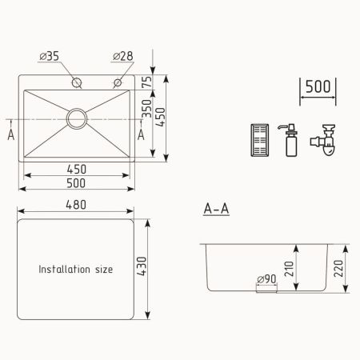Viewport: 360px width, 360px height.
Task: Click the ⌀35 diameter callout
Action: pyautogui.click(x=50, y=56)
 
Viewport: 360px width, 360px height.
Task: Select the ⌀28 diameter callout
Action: pyautogui.click(x=122, y=56)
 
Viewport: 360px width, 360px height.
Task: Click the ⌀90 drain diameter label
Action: pyautogui.click(x=266, y=279)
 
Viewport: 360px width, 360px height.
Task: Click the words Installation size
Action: pyautogui.click(x=76, y=270)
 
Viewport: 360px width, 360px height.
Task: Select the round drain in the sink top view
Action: pyautogui.click(x=78, y=118)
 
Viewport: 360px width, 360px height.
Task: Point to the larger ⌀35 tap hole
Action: pyautogui.click(x=77, y=83)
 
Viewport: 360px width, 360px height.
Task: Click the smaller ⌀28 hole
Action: pyautogui.click(x=118, y=82)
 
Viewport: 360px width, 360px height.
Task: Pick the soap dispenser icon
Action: pyautogui.click(x=290, y=140)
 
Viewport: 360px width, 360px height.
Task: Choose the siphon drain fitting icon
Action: pyautogui.click(x=324, y=140)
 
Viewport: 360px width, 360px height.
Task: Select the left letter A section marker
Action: pyautogui.click(x=10, y=134)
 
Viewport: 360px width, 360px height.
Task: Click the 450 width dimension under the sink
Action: pyautogui.click(x=76, y=169)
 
